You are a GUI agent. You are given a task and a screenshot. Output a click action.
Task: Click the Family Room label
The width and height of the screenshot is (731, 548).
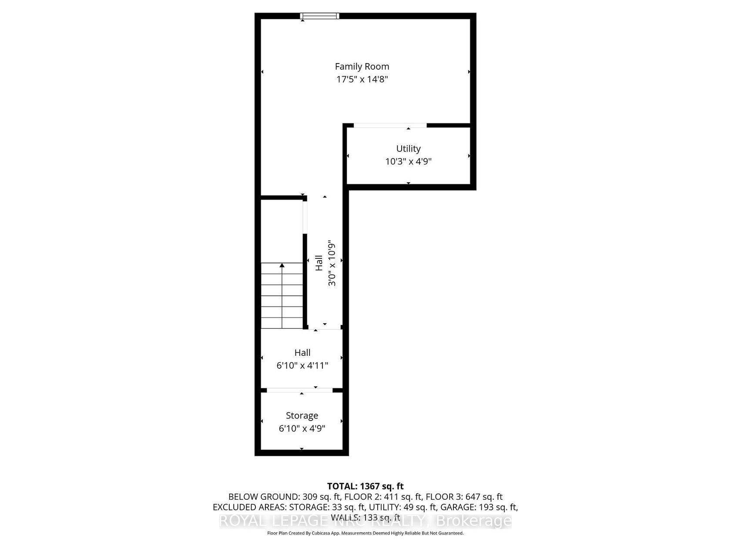click(362, 67)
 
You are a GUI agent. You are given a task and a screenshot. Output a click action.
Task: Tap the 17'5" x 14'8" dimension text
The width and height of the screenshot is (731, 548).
click(362, 80)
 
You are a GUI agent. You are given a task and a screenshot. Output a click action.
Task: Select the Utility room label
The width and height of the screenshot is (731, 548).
click(408, 148)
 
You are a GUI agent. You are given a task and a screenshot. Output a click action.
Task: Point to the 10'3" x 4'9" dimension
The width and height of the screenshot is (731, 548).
click(408, 161)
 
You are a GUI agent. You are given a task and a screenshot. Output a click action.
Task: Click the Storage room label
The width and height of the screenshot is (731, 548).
click(302, 416)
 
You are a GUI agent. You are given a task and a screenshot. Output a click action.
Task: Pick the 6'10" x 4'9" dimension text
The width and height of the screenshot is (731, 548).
click(302, 428)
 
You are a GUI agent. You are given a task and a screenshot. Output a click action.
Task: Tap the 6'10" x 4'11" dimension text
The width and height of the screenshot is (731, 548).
click(302, 365)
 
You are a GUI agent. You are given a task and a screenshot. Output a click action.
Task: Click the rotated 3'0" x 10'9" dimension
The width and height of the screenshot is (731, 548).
click(332, 263)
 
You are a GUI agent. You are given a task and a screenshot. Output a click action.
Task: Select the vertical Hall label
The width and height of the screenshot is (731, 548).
click(319, 263)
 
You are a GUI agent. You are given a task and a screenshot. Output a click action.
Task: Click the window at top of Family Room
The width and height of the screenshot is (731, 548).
click(319, 16)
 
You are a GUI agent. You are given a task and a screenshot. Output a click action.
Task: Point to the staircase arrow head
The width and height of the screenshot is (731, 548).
click(282, 265)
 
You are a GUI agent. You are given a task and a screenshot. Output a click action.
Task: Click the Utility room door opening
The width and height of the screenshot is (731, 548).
click(390, 125)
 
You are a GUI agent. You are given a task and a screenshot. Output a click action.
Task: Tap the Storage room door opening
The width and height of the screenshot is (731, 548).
click(300, 390)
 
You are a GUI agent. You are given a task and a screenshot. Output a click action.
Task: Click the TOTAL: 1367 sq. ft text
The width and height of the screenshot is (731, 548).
click(365, 486)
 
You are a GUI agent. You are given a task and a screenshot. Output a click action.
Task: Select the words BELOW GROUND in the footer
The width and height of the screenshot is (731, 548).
click(264, 497)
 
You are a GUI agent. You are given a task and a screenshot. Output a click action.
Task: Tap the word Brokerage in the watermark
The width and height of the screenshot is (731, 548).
click(474, 521)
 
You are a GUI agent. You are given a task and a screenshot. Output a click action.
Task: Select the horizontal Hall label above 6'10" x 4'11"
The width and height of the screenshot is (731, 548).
click(302, 353)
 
